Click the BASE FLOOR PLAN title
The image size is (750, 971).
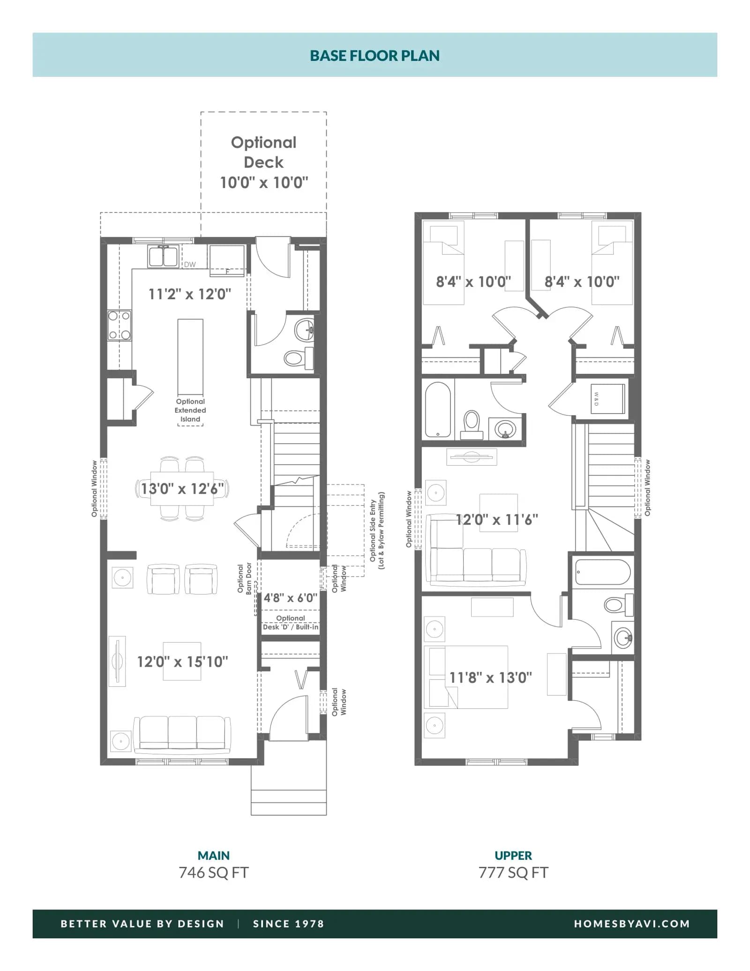pos(375,56)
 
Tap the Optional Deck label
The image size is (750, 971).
pos(264,152)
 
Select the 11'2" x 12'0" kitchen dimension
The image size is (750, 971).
pos(190,294)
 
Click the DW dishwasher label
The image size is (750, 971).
pos(190,264)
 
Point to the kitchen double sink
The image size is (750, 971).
pos(163,256)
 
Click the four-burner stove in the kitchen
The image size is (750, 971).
pos(120,325)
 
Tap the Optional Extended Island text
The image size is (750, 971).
pos(190,410)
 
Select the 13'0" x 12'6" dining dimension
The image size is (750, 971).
pos(182,489)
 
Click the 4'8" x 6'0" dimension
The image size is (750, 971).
pos(291,598)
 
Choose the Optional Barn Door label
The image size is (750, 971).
pos(245,579)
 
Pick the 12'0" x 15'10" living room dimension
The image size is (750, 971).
pos(182,662)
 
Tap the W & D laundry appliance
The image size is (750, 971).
pos(607,399)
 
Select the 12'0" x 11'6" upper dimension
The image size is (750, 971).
pos(497,519)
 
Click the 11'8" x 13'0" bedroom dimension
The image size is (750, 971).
pos(491,677)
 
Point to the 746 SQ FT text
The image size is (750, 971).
pos(214,873)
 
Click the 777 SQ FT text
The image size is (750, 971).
pos(513,873)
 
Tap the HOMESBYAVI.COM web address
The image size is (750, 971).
pos(632,924)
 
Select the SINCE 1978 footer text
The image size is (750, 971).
pos(288,924)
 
